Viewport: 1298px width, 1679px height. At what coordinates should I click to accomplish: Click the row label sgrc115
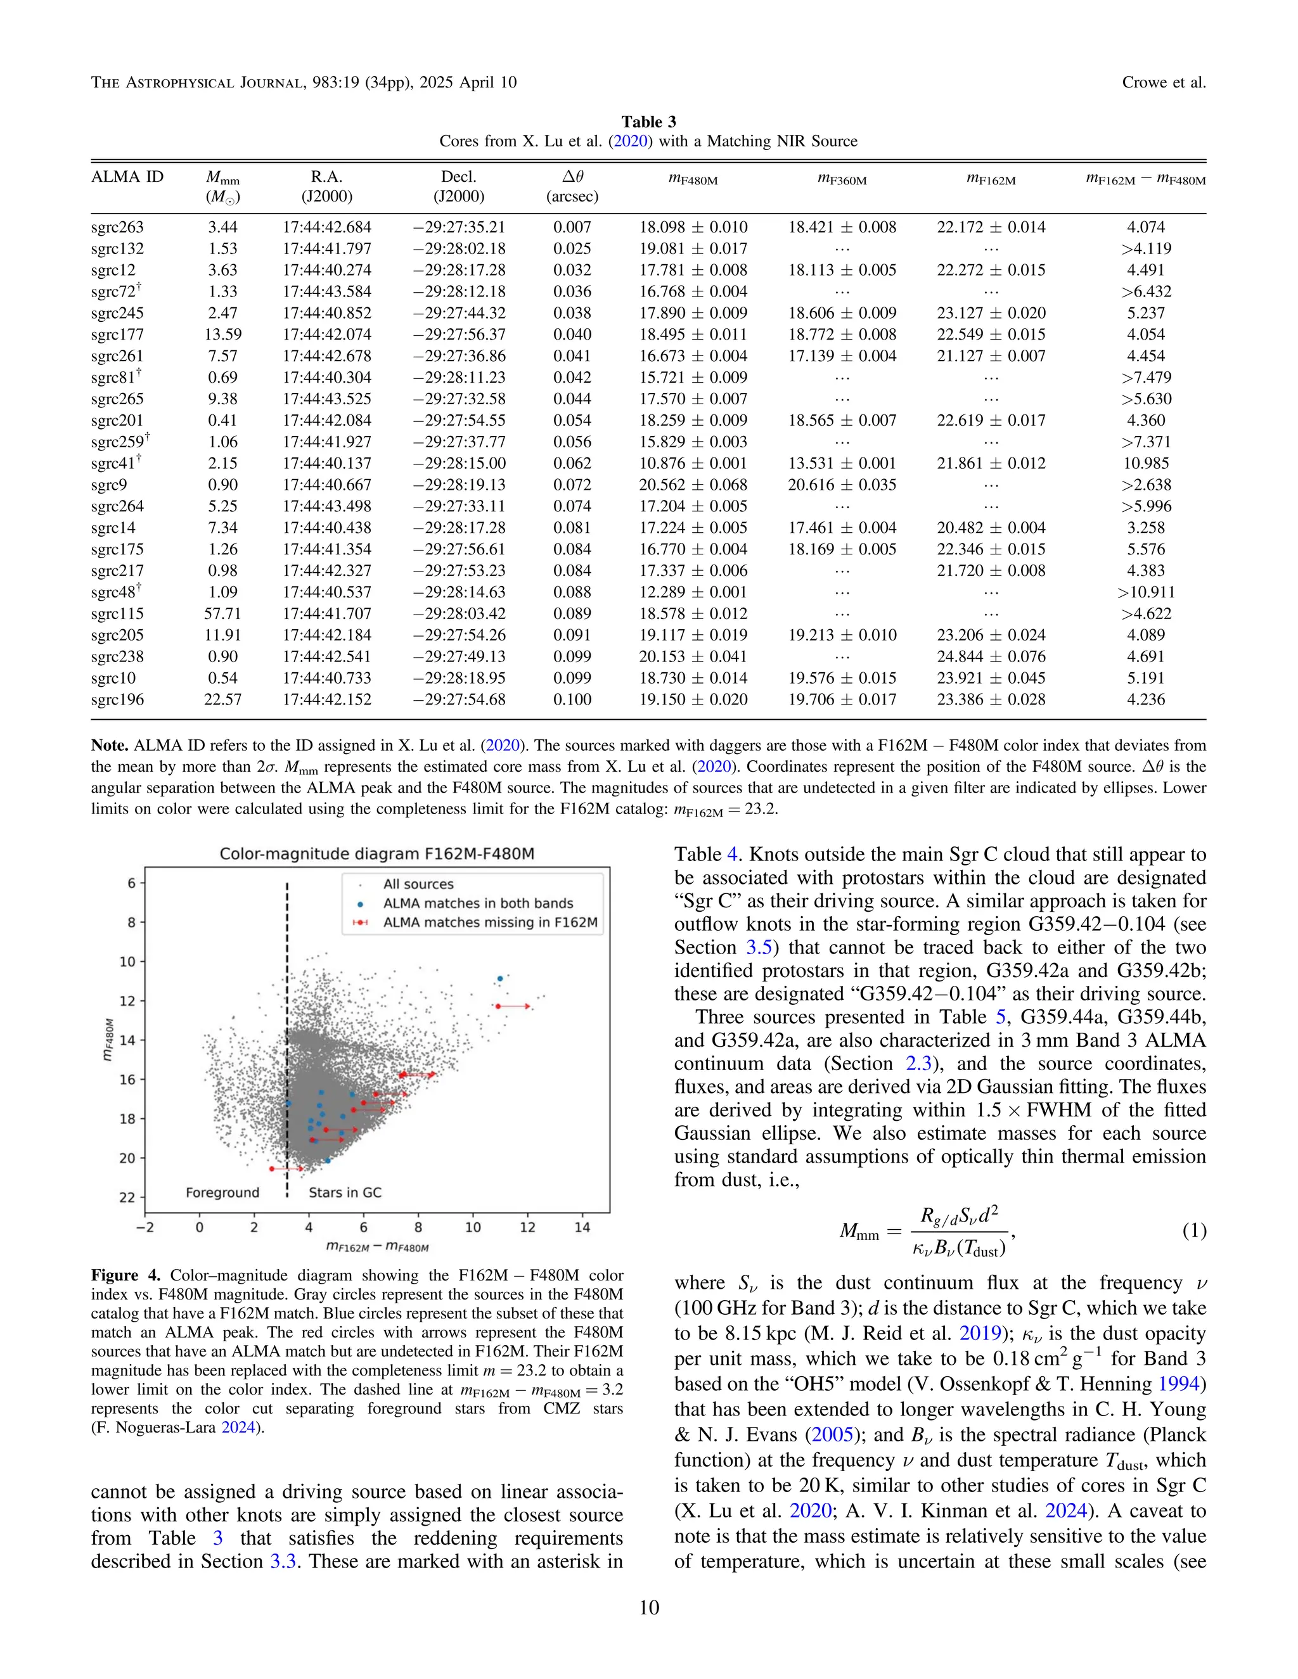117,613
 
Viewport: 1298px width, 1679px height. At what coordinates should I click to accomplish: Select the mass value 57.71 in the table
222,613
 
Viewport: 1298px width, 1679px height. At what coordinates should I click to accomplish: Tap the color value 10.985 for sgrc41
1145,463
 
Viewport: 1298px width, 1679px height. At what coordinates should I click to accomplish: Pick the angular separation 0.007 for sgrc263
572,227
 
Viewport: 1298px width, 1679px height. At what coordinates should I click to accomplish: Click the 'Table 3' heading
648,122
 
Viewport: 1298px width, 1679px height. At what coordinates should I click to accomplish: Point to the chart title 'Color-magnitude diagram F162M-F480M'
377,853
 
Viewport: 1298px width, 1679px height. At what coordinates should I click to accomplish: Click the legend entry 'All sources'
418,884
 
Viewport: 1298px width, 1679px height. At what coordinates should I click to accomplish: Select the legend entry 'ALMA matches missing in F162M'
490,922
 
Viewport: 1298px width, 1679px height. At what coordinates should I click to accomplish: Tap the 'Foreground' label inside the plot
222,1192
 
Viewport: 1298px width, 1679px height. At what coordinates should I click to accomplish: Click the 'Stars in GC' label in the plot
345,1192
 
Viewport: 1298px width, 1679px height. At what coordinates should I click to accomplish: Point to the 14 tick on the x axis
582,1228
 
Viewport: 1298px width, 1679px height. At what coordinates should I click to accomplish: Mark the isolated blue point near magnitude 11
500,979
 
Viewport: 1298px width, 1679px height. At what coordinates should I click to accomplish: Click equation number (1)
1193,1231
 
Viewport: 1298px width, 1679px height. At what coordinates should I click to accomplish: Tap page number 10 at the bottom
648,1607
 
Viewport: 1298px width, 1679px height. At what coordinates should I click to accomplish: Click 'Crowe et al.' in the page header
1164,82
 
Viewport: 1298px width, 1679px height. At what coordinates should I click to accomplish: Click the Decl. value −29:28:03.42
458,613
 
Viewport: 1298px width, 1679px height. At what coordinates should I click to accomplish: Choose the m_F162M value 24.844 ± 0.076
991,656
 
